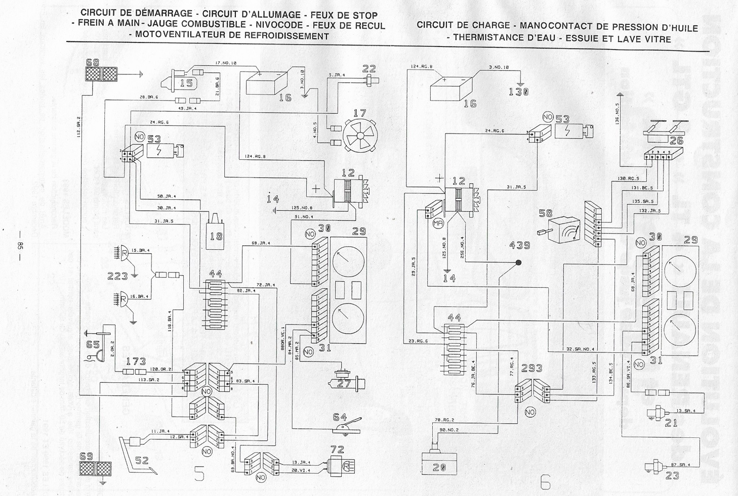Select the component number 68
[93, 63]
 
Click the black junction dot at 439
[518, 263]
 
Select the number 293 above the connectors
[531, 369]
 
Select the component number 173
[136, 362]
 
